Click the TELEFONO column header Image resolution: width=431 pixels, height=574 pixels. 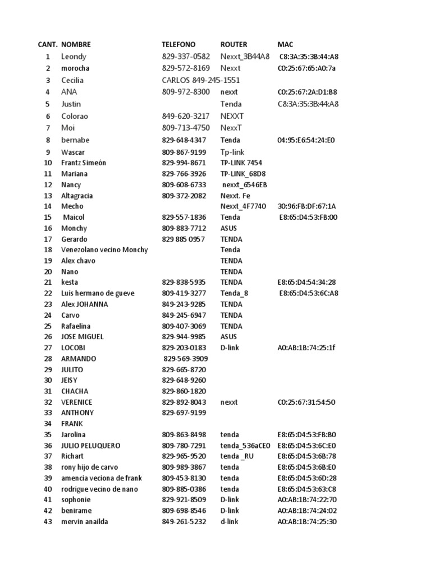[x=178, y=44]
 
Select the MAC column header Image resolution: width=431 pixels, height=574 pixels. [x=285, y=44]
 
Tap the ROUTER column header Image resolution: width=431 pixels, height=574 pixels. [x=233, y=44]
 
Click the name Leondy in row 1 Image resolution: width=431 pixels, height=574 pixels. [x=74, y=57]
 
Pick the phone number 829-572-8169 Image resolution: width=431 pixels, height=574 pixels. [x=186, y=68]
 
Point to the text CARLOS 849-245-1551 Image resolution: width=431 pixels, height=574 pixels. [x=201, y=80]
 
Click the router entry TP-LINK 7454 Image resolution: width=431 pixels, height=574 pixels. [x=240, y=163]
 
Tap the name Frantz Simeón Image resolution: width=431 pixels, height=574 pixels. [x=84, y=163]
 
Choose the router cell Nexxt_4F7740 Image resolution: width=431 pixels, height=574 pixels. [x=244, y=206]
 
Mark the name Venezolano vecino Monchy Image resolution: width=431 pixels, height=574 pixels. [x=104, y=249]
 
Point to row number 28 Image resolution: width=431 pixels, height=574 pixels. [x=48, y=358]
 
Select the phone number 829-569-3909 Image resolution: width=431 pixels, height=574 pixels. [x=186, y=358]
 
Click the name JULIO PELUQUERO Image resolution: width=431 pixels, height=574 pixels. [x=90, y=446]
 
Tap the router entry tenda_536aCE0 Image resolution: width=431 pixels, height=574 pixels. [x=245, y=446]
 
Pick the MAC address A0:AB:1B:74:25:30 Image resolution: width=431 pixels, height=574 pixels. [x=307, y=522]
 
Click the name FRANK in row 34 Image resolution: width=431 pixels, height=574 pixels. [x=72, y=424]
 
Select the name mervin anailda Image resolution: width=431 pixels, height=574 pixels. [x=85, y=522]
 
